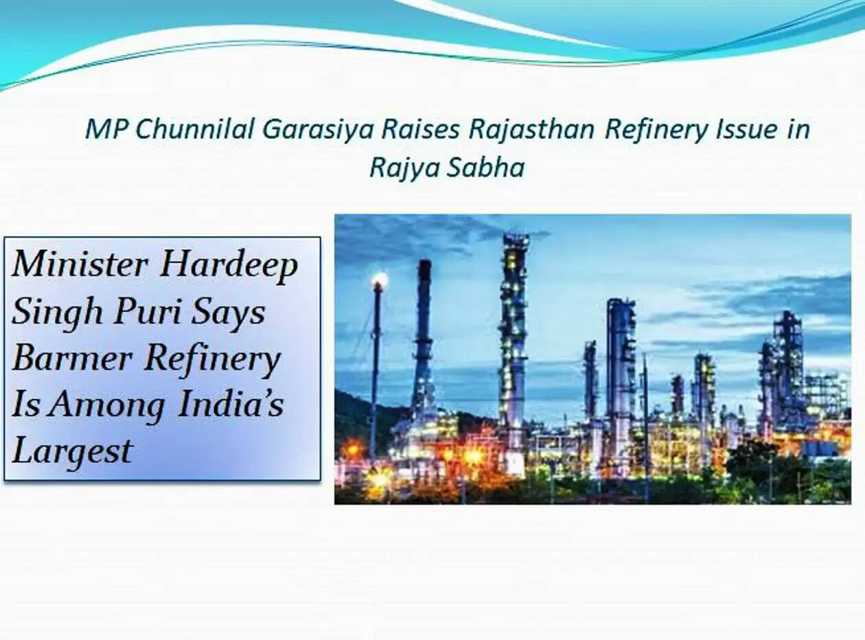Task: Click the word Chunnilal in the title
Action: pos(194,129)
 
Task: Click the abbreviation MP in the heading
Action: pos(106,129)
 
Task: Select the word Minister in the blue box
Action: pos(80,264)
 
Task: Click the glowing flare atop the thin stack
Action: pos(380,279)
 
